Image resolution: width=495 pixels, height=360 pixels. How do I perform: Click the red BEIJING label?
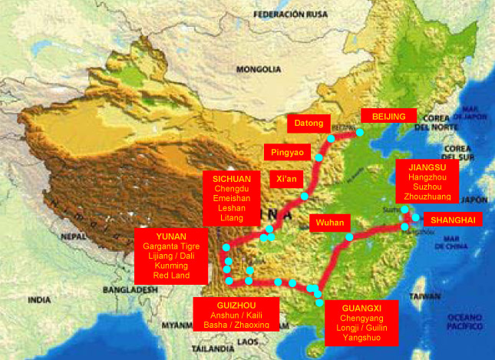coord(388,116)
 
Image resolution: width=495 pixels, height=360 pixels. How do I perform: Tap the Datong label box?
coord(309,123)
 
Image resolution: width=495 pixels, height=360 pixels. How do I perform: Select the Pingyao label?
coord(288,152)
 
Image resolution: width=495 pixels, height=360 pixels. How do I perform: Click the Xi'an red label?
coord(286,180)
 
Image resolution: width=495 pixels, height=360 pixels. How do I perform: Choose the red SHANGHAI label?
coord(453,220)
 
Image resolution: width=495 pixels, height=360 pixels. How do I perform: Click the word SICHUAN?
coord(231,178)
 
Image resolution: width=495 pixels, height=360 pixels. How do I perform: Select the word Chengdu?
coord(231,189)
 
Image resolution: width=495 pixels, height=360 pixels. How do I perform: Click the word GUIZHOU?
coord(232,303)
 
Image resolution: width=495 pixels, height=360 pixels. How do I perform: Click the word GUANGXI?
coord(361,306)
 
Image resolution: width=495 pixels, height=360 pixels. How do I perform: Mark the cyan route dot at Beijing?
coord(359,133)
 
